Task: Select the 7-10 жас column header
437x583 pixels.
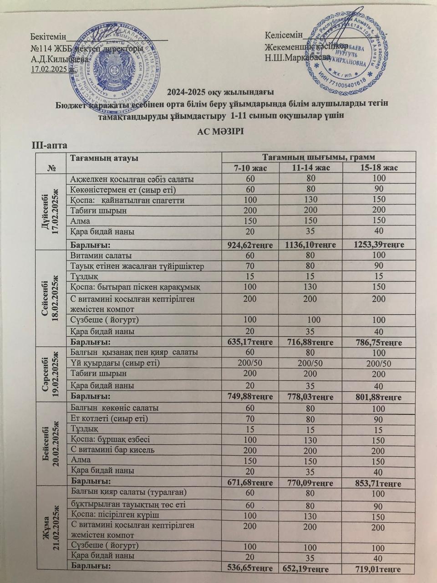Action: (249, 168)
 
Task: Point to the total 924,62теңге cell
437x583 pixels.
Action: (250, 245)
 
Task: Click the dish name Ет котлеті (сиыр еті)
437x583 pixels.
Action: (109, 418)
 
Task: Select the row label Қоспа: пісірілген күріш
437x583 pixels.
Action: (114, 514)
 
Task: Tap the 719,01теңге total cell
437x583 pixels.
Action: (378, 569)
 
